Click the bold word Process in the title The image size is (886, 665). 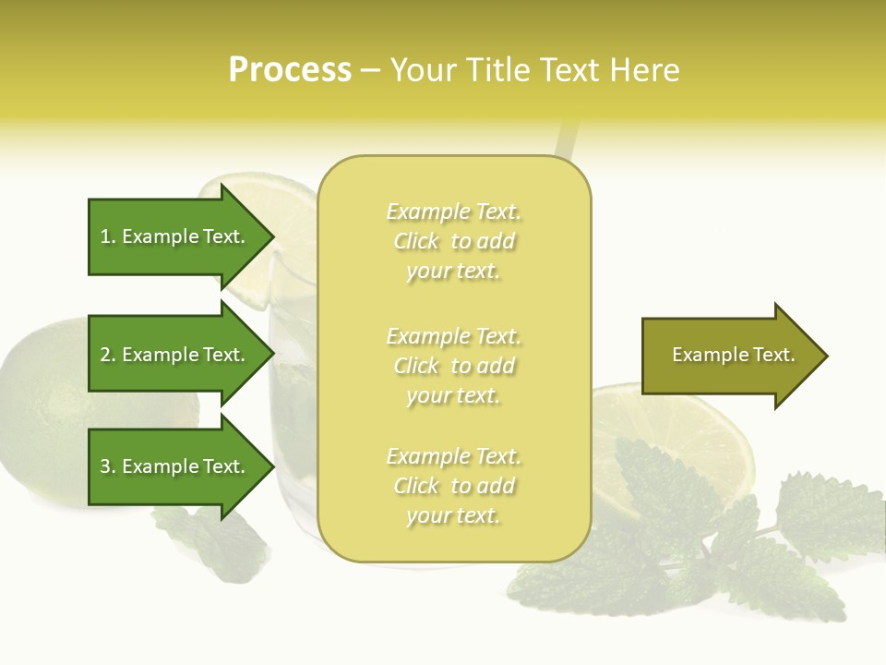290,70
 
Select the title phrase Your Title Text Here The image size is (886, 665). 534,70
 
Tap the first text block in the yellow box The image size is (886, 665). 453,241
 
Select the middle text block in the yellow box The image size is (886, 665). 453,366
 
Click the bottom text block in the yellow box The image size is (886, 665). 453,486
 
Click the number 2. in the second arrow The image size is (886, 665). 108,355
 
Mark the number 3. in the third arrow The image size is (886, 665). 108,466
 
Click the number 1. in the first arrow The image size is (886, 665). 108,236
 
